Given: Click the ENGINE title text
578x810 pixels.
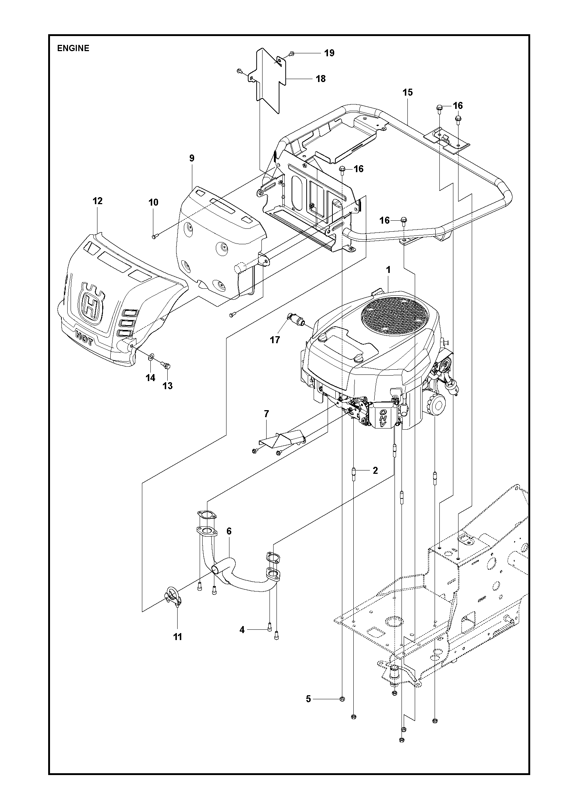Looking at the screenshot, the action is [73, 48].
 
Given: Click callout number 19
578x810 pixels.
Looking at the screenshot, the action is [329, 53].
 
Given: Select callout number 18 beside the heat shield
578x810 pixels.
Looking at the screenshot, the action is [321, 79].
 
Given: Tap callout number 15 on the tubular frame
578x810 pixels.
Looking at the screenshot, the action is [408, 92].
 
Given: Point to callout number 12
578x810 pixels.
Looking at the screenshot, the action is [97, 201].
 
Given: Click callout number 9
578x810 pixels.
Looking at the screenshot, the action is [192, 158].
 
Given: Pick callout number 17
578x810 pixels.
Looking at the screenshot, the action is [275, 340].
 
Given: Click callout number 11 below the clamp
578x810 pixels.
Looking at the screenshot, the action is [178, 637].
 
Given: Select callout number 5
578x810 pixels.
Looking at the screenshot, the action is [308, 699].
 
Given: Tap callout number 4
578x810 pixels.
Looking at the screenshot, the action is [242, 630].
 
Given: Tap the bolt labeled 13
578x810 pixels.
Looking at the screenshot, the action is [166, 365].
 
